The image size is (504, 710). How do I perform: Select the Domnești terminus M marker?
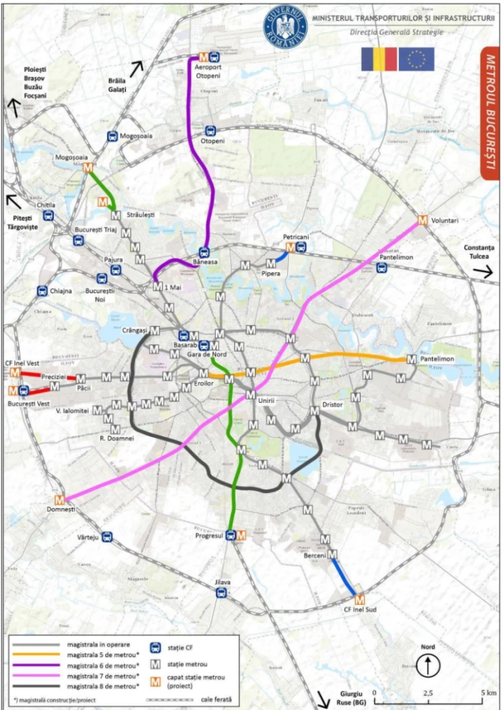click(x=60, y=499)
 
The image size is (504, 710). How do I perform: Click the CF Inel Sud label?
click(x=358, y=611)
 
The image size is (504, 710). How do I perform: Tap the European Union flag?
click(x=416, y=59)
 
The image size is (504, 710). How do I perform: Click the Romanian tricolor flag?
click(x=379, y=59)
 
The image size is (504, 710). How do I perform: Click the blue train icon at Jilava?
click(x=222, y=593)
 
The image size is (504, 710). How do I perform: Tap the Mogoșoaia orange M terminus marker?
click(x=88, y=168)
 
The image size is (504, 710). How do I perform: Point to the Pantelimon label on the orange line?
click(x=438, y=358)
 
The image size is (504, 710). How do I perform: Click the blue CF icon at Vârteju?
click(x=107, y=536)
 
